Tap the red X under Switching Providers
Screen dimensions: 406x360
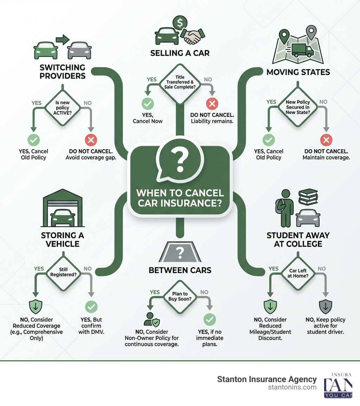point(91,140)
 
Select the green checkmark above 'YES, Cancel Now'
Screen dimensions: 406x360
point(148,104)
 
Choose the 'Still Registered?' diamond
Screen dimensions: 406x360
point(63,273)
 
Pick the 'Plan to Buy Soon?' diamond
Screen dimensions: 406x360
point(180,297)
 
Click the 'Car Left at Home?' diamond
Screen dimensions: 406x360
point(298,273)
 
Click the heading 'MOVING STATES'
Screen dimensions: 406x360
point(298,72)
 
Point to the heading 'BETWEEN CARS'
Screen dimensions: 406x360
point(180,270)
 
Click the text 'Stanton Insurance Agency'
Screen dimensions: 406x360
point(267,379)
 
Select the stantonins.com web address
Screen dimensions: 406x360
point(292,387)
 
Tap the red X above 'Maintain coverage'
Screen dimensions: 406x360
point(326,140)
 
